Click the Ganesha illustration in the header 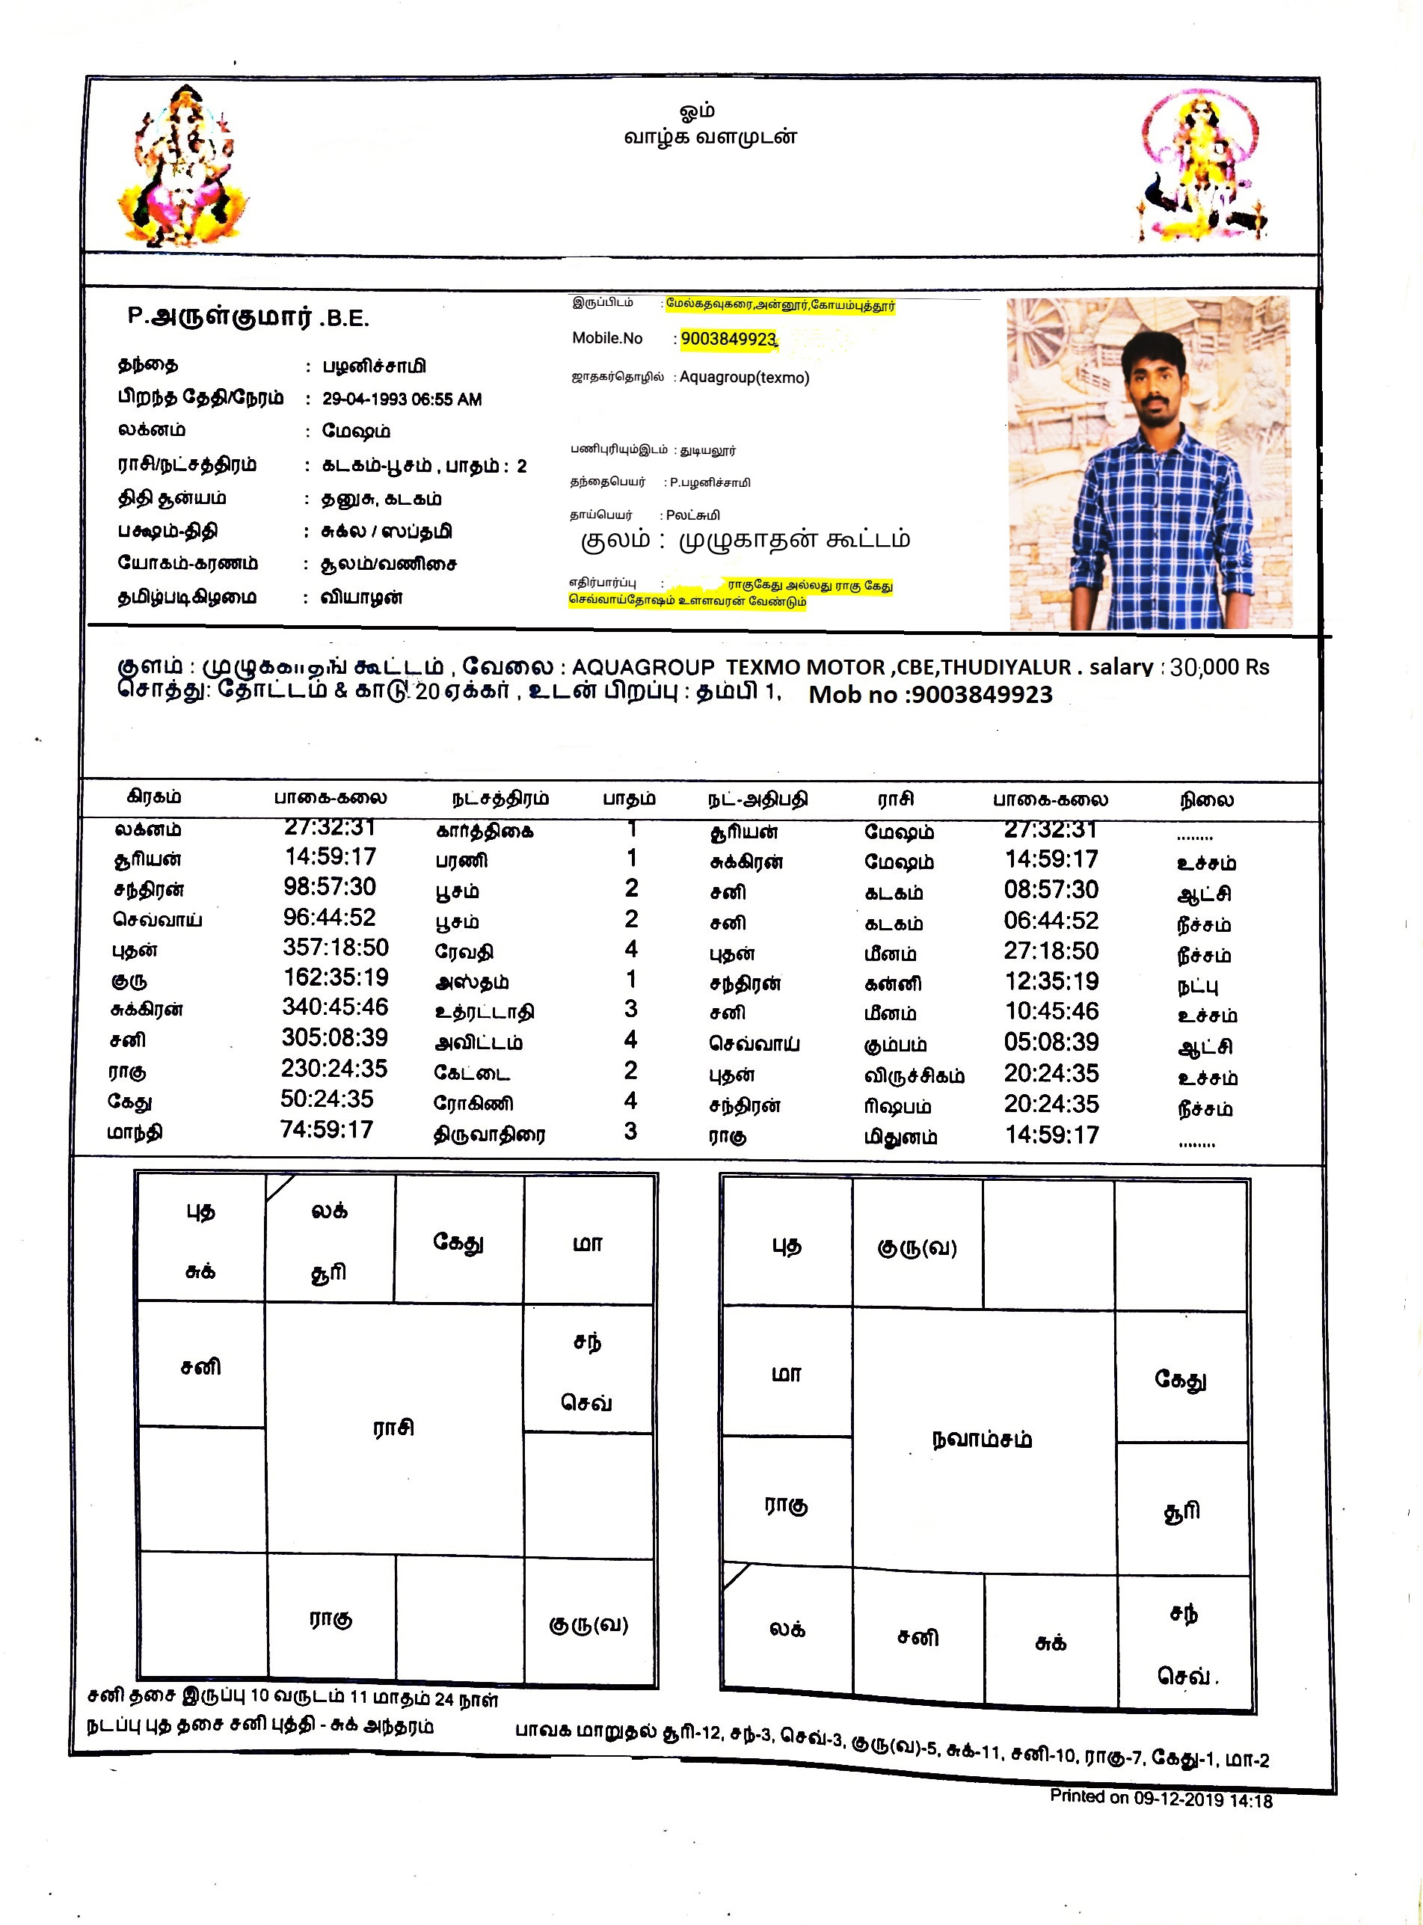183,168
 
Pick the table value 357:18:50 336,948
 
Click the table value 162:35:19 336,977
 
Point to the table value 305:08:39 335,1038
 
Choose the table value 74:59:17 327,1129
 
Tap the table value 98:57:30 330,887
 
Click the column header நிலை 1206,800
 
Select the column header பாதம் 629,799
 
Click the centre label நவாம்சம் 982,1439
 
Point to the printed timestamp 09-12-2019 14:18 1202,1799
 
